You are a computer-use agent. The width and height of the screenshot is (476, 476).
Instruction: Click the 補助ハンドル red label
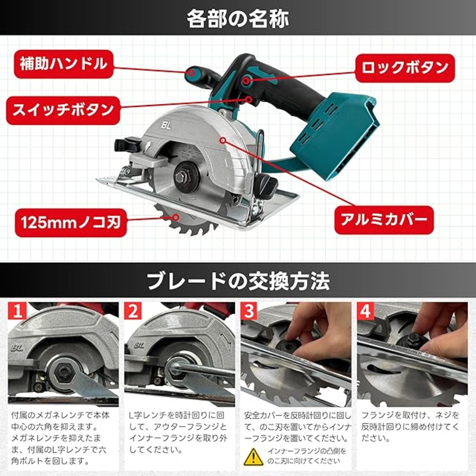pyautogui.click(x=64, y=64)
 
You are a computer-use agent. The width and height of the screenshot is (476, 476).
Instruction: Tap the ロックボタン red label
pyautogui.click(x=405, y=68)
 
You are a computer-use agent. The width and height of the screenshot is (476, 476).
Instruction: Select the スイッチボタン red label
pyautogui.click(x=63, y=110)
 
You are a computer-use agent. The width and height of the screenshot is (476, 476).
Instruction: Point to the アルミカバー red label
pyautogui.click(x=384, y=219)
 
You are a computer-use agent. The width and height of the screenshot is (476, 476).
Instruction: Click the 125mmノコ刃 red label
pyautogui.click(x=71, y=223)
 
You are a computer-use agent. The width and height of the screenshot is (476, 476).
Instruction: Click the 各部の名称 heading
pyautogui.click(x=238, y=19)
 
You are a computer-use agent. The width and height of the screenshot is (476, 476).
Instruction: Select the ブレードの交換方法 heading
pyautogui.click(x=238, y=282)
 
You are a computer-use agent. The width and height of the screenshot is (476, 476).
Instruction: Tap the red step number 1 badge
pyautogui.click(x=17, y=311)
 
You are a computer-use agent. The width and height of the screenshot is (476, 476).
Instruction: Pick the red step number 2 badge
pyautogui.click(x=134, y=311)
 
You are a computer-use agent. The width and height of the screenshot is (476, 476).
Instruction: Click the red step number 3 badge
pyautogui.click(x=250, y=311)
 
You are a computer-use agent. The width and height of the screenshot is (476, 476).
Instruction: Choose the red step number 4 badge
pyautogui.click(x=366, y=311)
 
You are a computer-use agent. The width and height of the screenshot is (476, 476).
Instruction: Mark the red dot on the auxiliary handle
pyautogui.click(x=191, y=73)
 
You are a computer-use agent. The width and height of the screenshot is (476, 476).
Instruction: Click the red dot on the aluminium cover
pyautogui.click(x=223, y=141)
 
